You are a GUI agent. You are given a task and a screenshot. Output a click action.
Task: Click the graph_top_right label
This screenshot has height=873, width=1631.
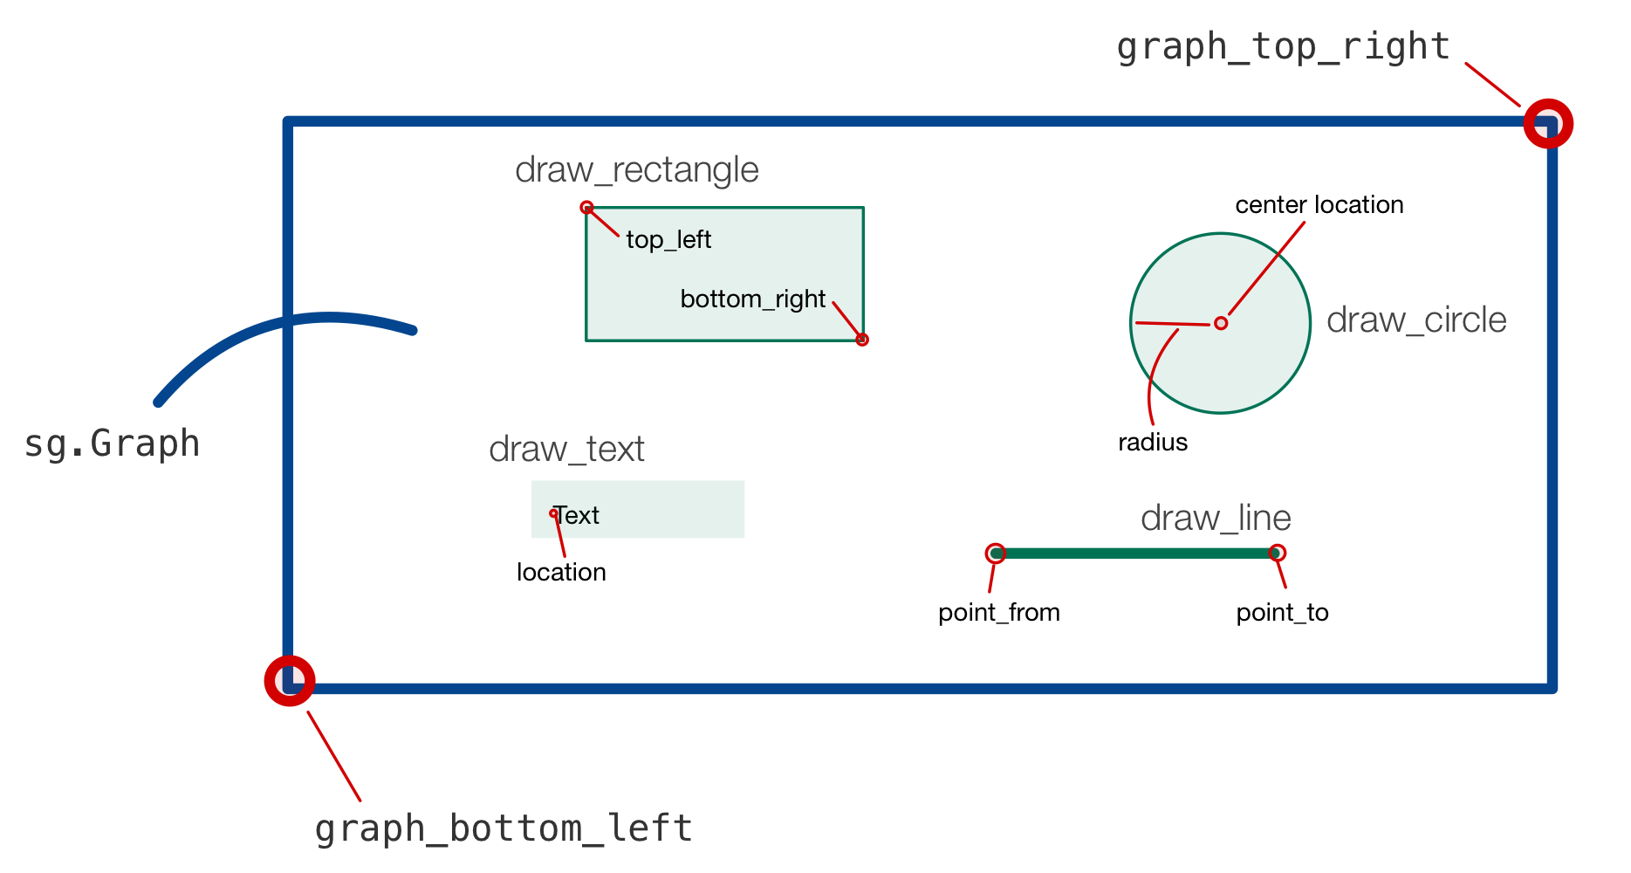click(1283, 47)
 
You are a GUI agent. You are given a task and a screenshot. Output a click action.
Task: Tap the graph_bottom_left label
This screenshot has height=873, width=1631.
click(504, 828)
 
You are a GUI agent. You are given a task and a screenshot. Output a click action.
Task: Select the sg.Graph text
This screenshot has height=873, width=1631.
click(112, 443)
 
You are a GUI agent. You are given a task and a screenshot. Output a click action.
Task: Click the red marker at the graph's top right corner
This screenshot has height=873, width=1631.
click(1548, 124)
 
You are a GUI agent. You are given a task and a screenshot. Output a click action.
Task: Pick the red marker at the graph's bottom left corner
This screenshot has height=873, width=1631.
click(290, 681)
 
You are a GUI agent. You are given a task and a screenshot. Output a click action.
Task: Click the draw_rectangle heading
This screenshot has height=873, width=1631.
click(636, 170)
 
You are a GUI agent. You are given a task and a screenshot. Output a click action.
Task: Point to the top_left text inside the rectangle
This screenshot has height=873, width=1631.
click(668, 239)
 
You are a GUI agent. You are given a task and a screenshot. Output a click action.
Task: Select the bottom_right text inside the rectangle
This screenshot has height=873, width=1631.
click(752, 299)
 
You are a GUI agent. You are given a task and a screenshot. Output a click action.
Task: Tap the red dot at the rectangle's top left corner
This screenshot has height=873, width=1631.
click(586, 208)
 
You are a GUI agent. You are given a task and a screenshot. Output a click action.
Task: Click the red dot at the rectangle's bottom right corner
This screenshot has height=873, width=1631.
click(862, 340)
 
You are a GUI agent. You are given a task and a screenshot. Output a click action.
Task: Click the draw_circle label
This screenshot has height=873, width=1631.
click(1415, 320)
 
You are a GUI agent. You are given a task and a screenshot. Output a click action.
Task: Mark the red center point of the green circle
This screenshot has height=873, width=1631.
click(1221, 323)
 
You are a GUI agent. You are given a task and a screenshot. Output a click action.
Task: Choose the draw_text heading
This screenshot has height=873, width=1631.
click(566, 450)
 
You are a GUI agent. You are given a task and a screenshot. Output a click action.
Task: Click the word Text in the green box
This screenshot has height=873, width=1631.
click(578, 515)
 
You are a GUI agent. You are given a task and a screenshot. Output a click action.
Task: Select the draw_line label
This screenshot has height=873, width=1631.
click(1215, 519)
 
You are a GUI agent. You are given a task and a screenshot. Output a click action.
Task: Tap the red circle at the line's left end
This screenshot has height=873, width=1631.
click(995, 553)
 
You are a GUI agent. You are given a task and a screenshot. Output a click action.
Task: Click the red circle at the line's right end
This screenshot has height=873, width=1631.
click(1277, 553)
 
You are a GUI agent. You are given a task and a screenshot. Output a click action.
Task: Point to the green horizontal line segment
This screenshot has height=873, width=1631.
click(1134, 553)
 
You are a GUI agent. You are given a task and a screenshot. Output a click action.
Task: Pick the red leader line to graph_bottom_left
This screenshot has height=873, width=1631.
click(334, 757)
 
